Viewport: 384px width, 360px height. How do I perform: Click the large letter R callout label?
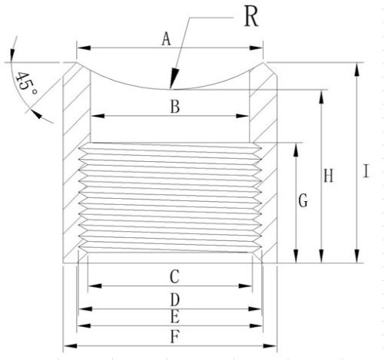251,16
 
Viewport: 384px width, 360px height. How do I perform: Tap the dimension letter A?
166,39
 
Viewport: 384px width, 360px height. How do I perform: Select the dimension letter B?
175,107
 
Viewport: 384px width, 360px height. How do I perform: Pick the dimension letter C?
174,276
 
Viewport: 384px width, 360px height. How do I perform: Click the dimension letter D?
175,299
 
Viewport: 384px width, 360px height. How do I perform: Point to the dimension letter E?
175,317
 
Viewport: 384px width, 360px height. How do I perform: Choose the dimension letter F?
175,337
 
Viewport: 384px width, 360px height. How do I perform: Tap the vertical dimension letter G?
303,200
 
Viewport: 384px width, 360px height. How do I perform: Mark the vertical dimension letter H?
329,176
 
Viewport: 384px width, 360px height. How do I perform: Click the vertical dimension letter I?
366,171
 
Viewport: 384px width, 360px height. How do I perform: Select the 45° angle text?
26,84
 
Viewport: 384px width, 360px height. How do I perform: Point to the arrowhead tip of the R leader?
170,89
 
